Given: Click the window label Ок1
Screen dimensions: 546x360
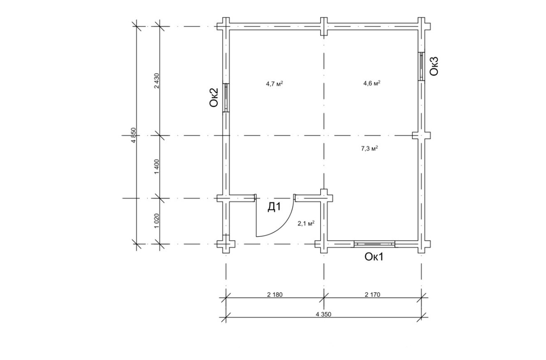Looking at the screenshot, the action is [374, 257].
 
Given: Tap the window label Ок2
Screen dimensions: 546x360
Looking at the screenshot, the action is [214, 97].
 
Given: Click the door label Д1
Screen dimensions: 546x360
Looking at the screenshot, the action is [274, 207].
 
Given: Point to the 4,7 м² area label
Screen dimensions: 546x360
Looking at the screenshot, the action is [274, 84].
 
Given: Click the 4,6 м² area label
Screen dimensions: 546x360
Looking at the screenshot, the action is [372, 83].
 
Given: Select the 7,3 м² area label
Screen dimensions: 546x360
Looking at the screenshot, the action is [369, 149].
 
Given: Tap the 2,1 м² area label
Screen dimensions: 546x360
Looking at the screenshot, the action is [306, 223].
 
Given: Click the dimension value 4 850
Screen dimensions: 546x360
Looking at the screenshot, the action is [133, 135].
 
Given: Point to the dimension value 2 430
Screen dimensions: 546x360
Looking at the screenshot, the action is [157, 80].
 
